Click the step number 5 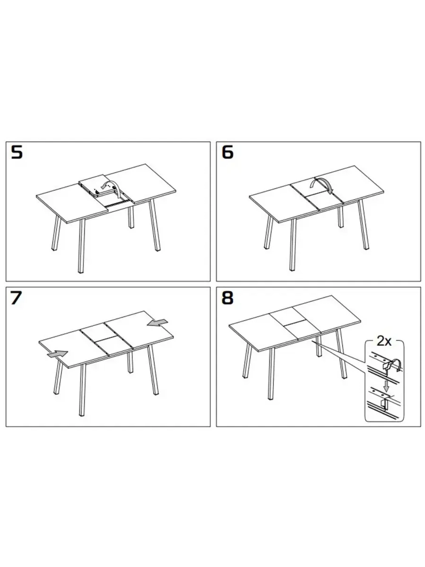(x=17, y=152)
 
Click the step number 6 (x=227, y=152)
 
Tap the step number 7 (x=16, y=298)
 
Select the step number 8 (x=227, y=298)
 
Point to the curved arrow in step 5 (x=111, y=188)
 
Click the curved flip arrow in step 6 (x=322, y=184)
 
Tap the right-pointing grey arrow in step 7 (x=57, y=354)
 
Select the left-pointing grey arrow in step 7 (x=157, y=323)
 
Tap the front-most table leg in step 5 (x=82, y=246)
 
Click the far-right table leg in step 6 (x=363, y=224)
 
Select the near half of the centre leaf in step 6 (x=323, y=200)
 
